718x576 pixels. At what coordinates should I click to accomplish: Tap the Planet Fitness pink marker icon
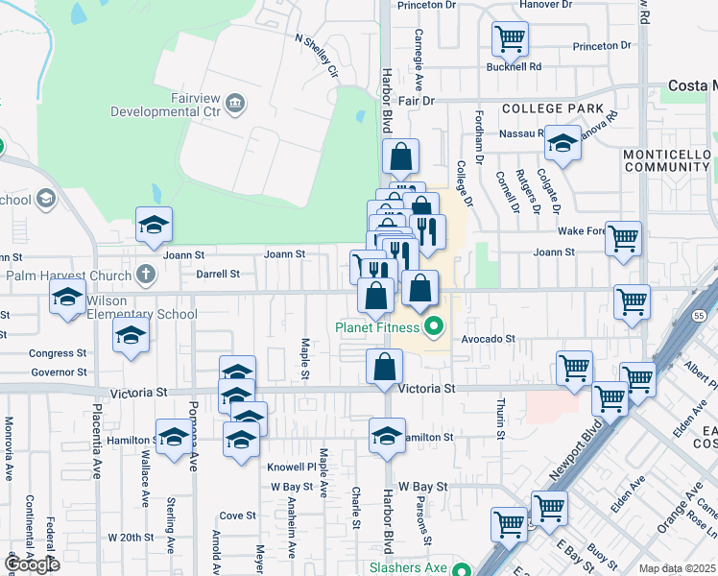434,327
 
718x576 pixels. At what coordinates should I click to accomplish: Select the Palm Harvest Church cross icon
146,275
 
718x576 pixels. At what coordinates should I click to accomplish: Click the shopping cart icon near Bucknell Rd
510,39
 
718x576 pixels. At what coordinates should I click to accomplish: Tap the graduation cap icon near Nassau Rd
562,144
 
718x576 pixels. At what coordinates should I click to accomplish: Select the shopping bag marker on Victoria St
385,365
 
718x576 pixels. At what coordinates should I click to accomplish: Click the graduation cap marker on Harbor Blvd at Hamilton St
387,435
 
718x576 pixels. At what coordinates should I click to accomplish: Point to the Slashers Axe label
395,568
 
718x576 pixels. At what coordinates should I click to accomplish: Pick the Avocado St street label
489,339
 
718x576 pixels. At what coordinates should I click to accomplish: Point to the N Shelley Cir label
318,56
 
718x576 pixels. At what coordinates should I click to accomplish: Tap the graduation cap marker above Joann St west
154,226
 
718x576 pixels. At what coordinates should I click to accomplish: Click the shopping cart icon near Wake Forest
623,238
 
